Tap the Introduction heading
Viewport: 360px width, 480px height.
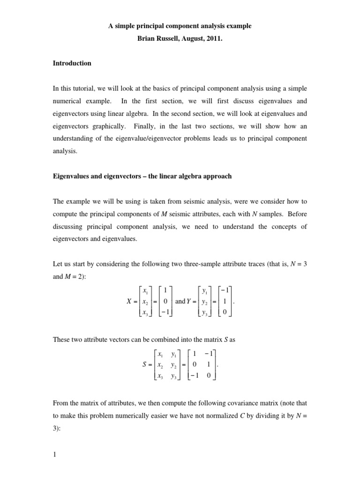72,63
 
